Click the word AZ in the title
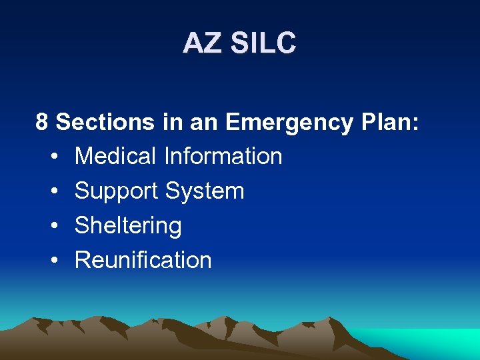[203, 43]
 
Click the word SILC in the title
[262, 43]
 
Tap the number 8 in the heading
[42, 122]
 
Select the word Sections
[105, 122]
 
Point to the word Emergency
[289, 123]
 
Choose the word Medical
[115, 156]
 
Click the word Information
[223, 156]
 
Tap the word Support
[117, 191]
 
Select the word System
[205, 191]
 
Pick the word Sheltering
[128, 226]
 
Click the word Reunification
[143, 260]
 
